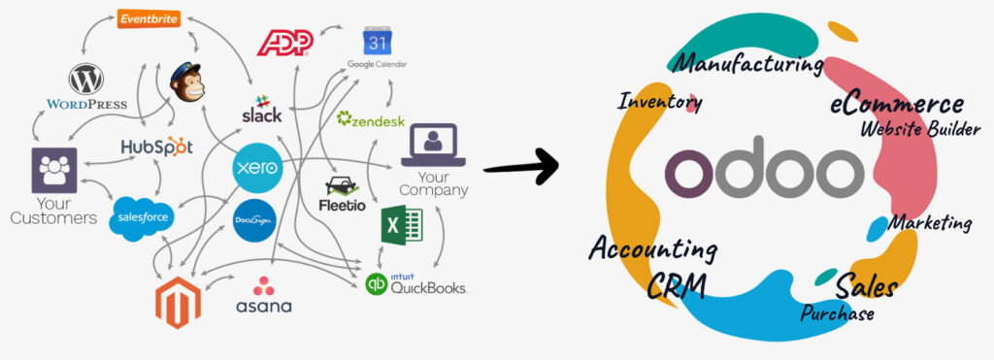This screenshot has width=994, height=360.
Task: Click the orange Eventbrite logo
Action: point(148,18)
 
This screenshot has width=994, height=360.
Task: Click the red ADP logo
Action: point(283,43)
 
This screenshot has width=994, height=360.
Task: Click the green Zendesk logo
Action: point(370,119)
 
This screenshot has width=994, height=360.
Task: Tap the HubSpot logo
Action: point(156,147)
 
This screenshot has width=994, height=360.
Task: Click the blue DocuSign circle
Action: point(254,220)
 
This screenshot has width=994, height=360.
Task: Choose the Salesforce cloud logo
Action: point(142,216)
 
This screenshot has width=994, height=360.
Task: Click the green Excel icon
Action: point(401,226)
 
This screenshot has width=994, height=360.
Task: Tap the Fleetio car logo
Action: point(341,194)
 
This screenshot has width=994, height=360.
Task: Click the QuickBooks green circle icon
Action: point(376,284)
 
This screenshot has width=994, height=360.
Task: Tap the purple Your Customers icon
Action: point(54,171)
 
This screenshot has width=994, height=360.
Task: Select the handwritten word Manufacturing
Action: point(748,65)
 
